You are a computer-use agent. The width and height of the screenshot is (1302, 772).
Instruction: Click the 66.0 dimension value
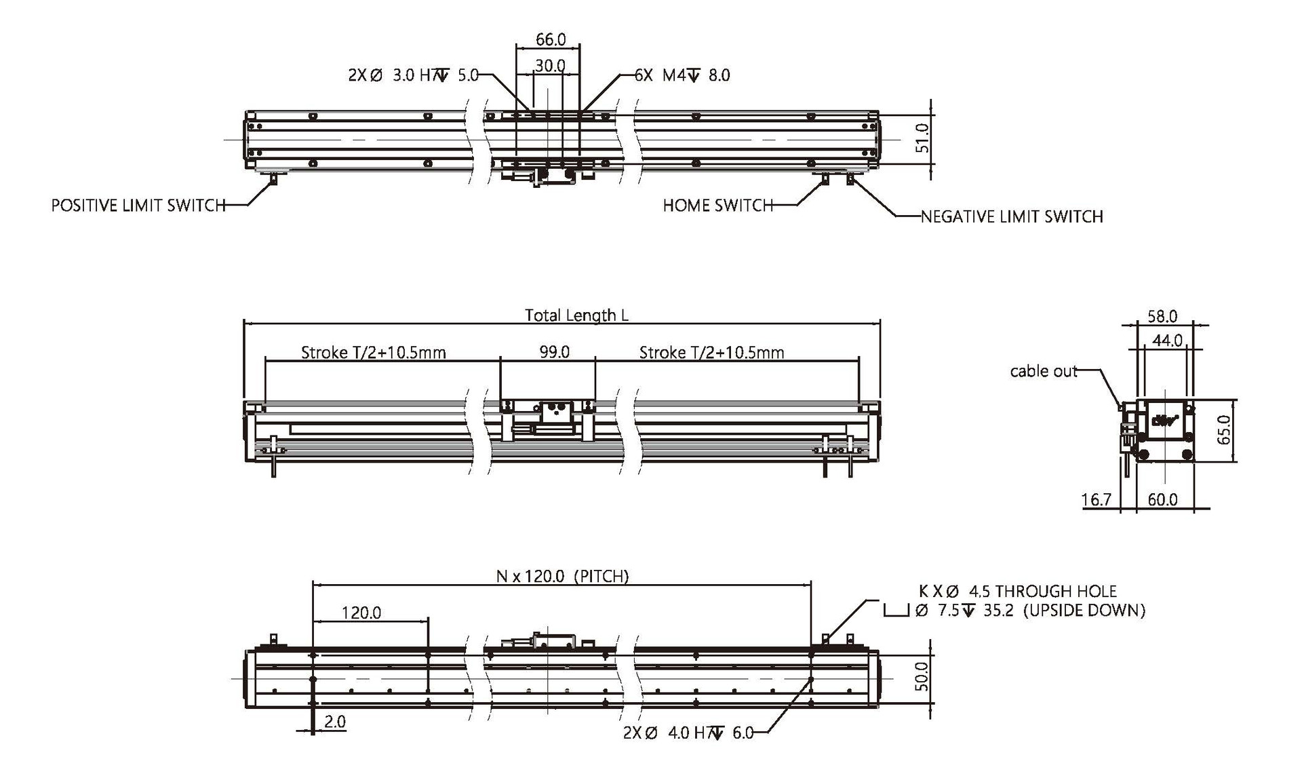[551, 39]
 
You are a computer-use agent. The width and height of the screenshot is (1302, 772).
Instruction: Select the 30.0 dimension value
[550, 65]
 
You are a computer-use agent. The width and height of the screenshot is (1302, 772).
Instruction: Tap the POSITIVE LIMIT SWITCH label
[138, 205]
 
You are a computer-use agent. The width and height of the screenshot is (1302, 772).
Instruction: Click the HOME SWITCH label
[718, 205]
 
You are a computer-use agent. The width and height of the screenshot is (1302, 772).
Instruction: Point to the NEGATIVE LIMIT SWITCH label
[1012, 216]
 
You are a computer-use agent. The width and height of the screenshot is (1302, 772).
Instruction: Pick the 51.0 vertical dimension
[922, 138]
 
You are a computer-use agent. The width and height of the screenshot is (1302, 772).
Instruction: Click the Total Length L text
[576, 315]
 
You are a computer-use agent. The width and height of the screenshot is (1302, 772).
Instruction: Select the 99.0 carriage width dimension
[554, 351]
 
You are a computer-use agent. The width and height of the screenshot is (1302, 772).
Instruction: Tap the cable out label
[1044, 371]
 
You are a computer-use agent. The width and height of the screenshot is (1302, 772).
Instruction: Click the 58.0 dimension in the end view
[1162, 316]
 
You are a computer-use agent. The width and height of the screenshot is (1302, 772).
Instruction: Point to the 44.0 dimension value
[1168, 340]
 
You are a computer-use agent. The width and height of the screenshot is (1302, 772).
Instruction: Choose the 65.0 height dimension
[1224, 430]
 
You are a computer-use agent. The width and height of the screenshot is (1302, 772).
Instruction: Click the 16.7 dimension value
[1097, 500]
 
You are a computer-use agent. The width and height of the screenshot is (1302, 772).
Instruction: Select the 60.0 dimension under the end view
[1162, 500]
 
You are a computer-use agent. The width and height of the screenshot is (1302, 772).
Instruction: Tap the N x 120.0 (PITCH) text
[563, 576]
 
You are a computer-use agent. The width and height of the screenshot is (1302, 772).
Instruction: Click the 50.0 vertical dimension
[922, 677]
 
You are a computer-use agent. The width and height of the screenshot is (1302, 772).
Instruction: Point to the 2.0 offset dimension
[335, 721]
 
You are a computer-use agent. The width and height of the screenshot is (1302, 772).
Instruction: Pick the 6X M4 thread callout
[682, 75]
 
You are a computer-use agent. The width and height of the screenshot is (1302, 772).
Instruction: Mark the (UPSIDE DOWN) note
[1084, 611]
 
